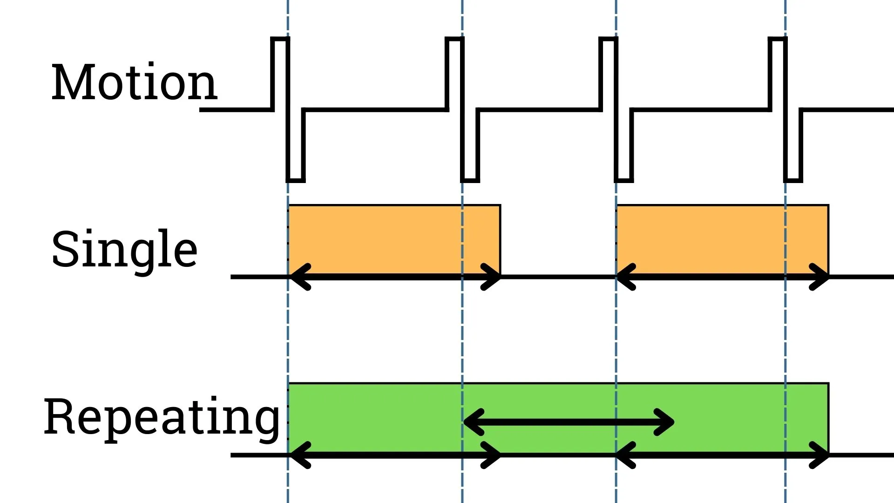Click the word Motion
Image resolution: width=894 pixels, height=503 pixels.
click(x=134, y=83)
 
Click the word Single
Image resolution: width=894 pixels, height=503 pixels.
click(x=124, y=250)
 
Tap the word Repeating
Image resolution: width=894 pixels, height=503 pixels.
click(x=162, y=417)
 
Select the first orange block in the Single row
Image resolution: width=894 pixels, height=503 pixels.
click(x=394, y=239)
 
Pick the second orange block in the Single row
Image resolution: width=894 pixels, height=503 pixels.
click(x=722, y=239)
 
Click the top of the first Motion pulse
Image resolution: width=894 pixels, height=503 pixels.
click(x=280, y=40)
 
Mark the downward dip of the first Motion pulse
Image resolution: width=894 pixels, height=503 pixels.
click(x=296, y=179)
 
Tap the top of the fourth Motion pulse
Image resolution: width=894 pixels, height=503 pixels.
click(x=777, y=40)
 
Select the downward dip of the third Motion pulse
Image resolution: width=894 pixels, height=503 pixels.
click(x=624, y=179)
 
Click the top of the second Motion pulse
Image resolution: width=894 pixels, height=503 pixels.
click(x=454, y=40)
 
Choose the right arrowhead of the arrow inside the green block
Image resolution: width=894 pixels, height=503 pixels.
click(x=667, y=422)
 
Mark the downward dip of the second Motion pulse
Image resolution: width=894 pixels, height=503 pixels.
click(x=470, y=179)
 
